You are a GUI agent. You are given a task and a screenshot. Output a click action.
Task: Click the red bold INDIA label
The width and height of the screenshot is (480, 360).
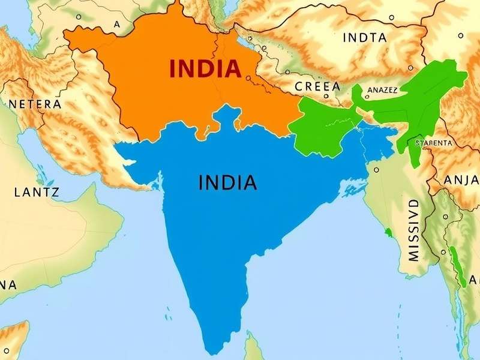(x=206, y=69)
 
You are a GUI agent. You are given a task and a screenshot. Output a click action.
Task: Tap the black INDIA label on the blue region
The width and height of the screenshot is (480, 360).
(x=227, y=182)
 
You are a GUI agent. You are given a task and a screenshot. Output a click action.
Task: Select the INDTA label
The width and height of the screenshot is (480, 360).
(x=364, y=37)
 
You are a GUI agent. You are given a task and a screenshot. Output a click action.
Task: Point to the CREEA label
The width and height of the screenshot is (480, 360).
(x=317, y=86)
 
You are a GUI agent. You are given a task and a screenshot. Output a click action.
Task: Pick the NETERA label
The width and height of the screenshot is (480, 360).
(x=35, y=104)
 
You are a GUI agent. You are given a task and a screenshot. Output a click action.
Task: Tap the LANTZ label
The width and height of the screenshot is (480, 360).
(x=35, y=193)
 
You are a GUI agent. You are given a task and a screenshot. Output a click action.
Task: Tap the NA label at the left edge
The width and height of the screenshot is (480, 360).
(x=8, y=284)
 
